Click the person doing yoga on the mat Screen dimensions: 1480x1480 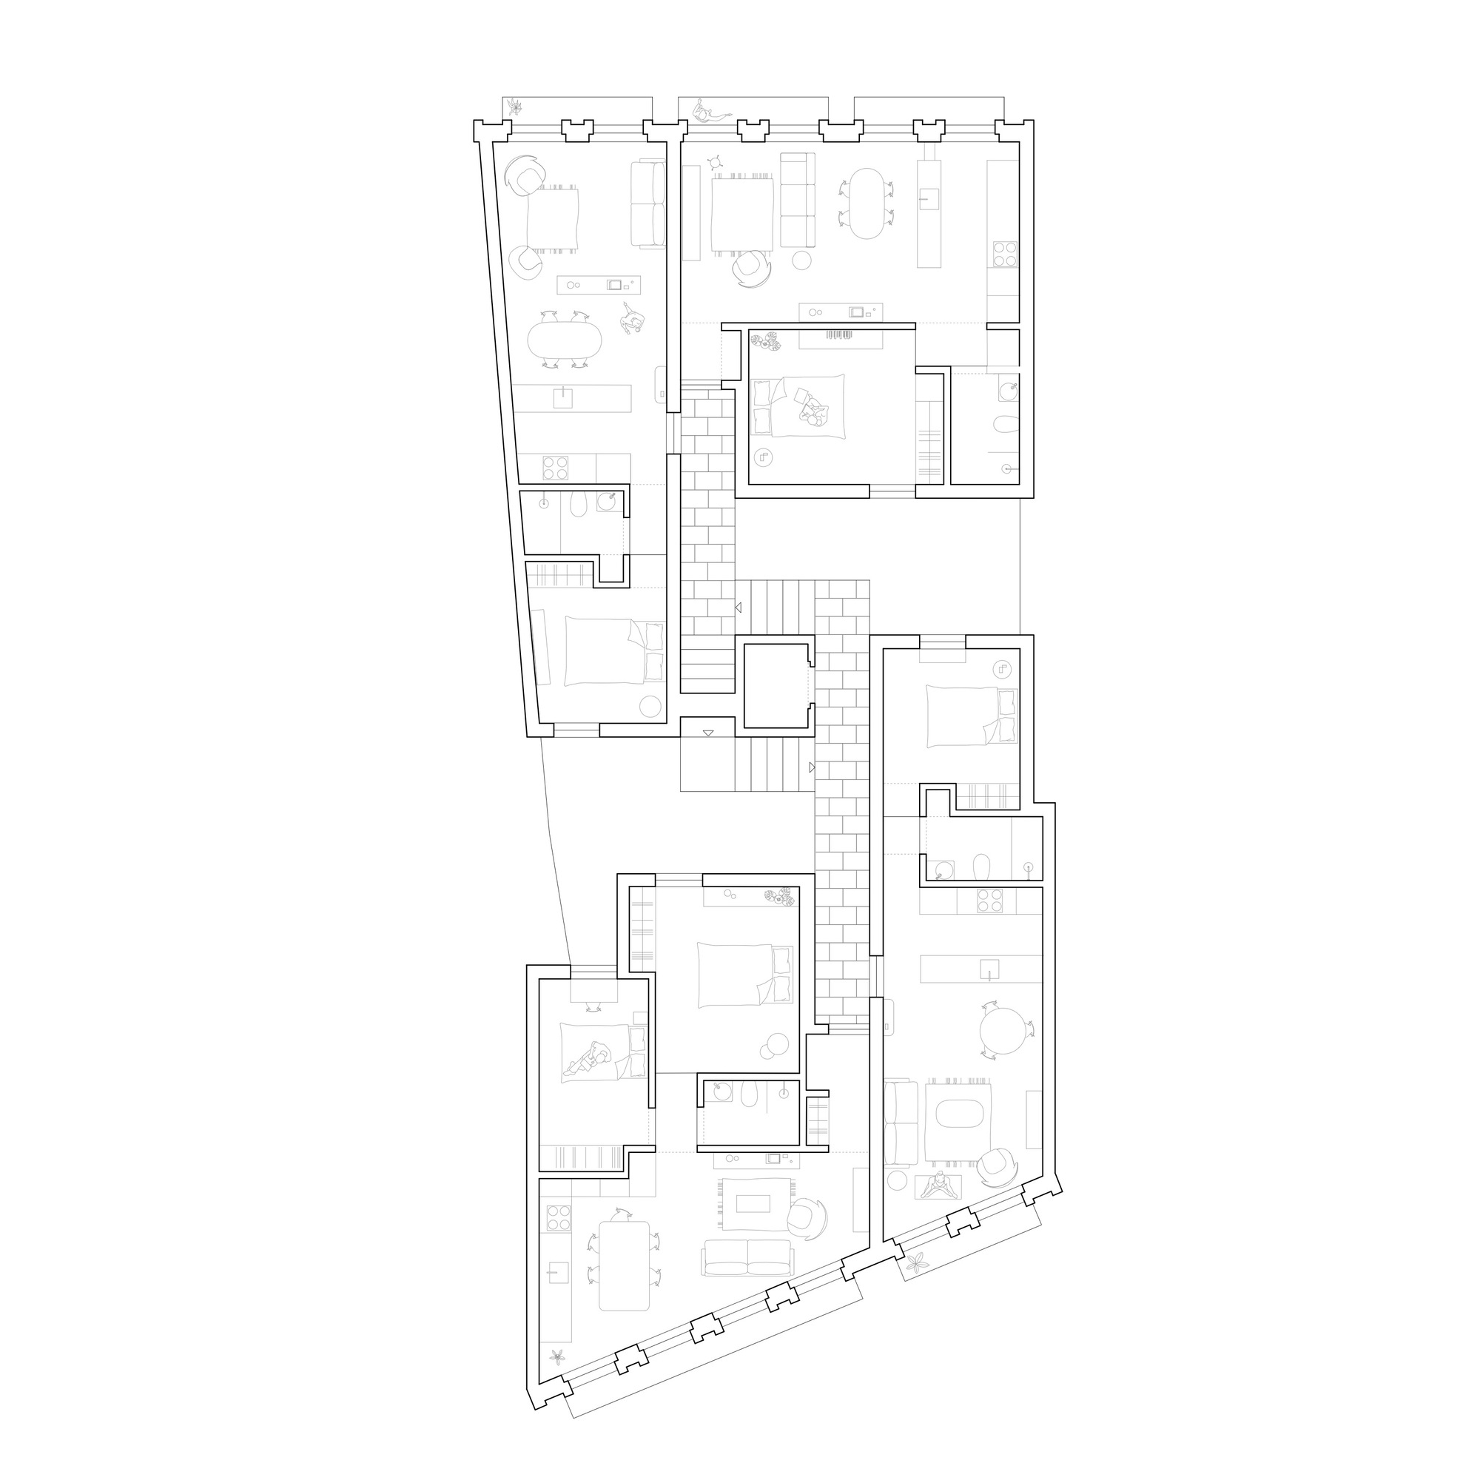(939, 1187)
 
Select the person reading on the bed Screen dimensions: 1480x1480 (810, 408)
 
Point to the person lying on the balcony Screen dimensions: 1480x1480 (710, 113)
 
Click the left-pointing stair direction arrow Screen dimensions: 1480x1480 (739, 608)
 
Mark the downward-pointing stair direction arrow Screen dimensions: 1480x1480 (708, 733)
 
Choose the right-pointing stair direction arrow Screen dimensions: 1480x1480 (811, 767)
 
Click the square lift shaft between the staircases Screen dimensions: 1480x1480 (777, 686)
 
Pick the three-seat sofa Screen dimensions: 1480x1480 (798, 199)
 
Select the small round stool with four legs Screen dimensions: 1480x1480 (716, 161)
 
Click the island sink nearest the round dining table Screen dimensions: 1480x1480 (989, 969)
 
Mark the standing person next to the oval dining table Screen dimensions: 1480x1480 (633, 318)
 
